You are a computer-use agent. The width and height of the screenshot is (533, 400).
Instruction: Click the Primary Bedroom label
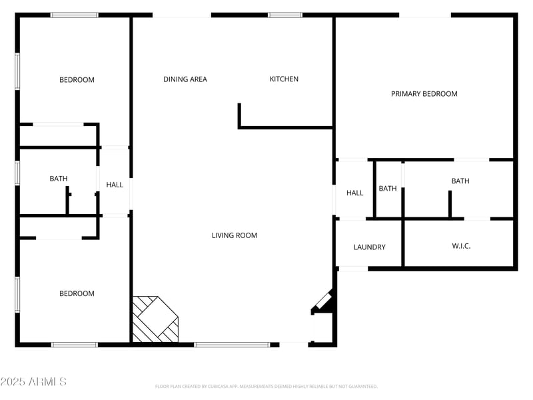tap(424, 94)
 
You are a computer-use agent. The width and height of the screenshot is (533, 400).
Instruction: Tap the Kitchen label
tap(284, 79)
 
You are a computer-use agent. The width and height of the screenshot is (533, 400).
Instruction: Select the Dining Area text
tap(185, 79)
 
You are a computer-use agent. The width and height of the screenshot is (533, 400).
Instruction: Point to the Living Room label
tap(235, 235)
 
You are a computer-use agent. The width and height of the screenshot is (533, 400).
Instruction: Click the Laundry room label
tap(369, 247)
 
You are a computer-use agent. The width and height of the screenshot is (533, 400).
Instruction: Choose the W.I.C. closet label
tap(461, 246)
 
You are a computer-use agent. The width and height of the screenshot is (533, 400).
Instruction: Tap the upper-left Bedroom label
tap(77, 80)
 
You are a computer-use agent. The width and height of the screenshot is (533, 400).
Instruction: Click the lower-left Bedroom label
tap(77, 294)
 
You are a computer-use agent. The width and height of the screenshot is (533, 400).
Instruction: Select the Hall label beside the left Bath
tap(115, 185)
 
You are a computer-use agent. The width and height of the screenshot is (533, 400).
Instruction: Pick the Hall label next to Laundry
tap(354, 193)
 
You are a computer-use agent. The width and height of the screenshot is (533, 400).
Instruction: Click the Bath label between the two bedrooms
tap(59, 179)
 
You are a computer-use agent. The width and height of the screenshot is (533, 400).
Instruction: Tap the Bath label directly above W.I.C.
tap(460, 181)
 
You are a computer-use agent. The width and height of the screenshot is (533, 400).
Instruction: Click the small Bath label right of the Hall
tap(388, 189)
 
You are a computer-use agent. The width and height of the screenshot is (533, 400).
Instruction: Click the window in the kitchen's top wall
tap(285, 15)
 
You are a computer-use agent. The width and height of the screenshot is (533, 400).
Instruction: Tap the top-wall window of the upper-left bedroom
tap(75, 15)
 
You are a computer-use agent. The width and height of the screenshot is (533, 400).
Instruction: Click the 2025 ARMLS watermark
tap(33, 382)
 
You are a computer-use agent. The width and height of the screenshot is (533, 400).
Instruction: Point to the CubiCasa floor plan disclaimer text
tap(266, 386)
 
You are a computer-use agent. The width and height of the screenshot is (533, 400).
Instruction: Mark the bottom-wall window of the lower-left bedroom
tap(75, 345)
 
